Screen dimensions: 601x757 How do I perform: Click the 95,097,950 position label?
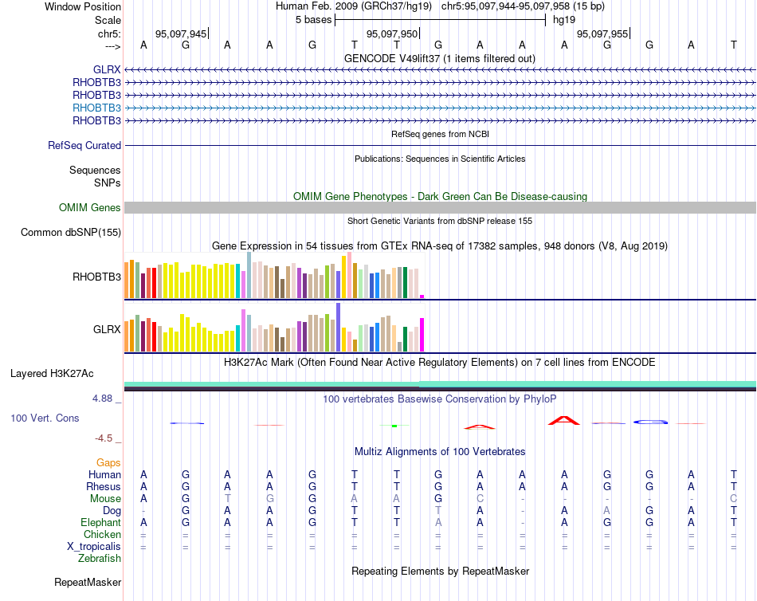click(x=391, y=33)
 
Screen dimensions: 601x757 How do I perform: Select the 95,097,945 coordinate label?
click(x=181, y=33)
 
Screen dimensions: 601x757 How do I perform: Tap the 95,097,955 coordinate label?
click(x=602, y=33)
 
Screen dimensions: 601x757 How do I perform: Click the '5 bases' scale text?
click(x=313, y=20)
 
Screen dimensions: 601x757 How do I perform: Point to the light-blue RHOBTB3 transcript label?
click(x=96, y=108)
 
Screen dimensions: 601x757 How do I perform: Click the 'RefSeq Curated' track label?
click(x=84, y=146)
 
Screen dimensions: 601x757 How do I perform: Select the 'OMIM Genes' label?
click(x=90, y=208)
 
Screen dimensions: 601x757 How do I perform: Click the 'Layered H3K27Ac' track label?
click(x=52, y=373)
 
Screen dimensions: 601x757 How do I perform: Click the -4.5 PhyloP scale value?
click(x=105, y=438)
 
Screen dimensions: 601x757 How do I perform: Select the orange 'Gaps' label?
click(x=108, y=462)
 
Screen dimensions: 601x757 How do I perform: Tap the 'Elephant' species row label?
click(x=100, y=522)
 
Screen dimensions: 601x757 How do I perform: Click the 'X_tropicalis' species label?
click(x=94, y=546)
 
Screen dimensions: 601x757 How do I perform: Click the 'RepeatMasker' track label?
click(x=88, y=583)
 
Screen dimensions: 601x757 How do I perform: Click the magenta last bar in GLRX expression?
click(x=422, y=334)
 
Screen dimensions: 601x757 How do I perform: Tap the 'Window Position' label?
click(x=83, y=6)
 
